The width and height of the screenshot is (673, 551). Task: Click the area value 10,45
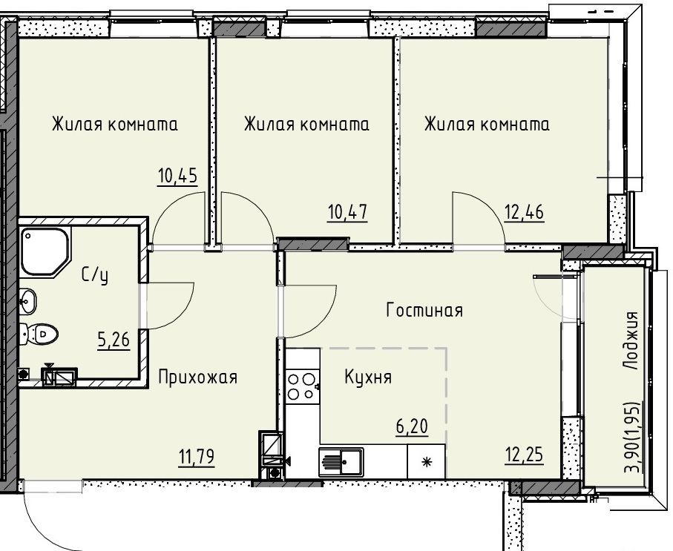tap(177, 176)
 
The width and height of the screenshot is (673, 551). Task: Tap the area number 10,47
tap(348, 212)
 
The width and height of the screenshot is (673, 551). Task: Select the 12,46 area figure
tap(524, 212)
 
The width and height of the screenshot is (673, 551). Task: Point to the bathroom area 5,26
tap(114, 340)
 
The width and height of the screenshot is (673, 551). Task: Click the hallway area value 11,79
tap(197, 457)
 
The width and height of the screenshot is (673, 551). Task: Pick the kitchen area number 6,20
tap(412, 426)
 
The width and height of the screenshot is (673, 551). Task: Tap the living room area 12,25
tap(524, 455)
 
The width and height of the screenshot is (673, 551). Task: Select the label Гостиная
tap(424, 310)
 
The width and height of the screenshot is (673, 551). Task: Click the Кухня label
tap(368, 377)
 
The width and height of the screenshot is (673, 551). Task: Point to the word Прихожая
tap(198, 377)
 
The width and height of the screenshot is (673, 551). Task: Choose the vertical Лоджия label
tap(631, 340)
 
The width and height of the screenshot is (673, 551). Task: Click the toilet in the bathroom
tap(39, 334)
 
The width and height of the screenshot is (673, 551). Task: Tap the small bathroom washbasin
tap(28, 300)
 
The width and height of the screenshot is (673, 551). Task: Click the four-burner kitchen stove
tap(301, 386)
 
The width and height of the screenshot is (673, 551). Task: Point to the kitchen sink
tap(341, 462)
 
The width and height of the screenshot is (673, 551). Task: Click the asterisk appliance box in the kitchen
tap(426, 461)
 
